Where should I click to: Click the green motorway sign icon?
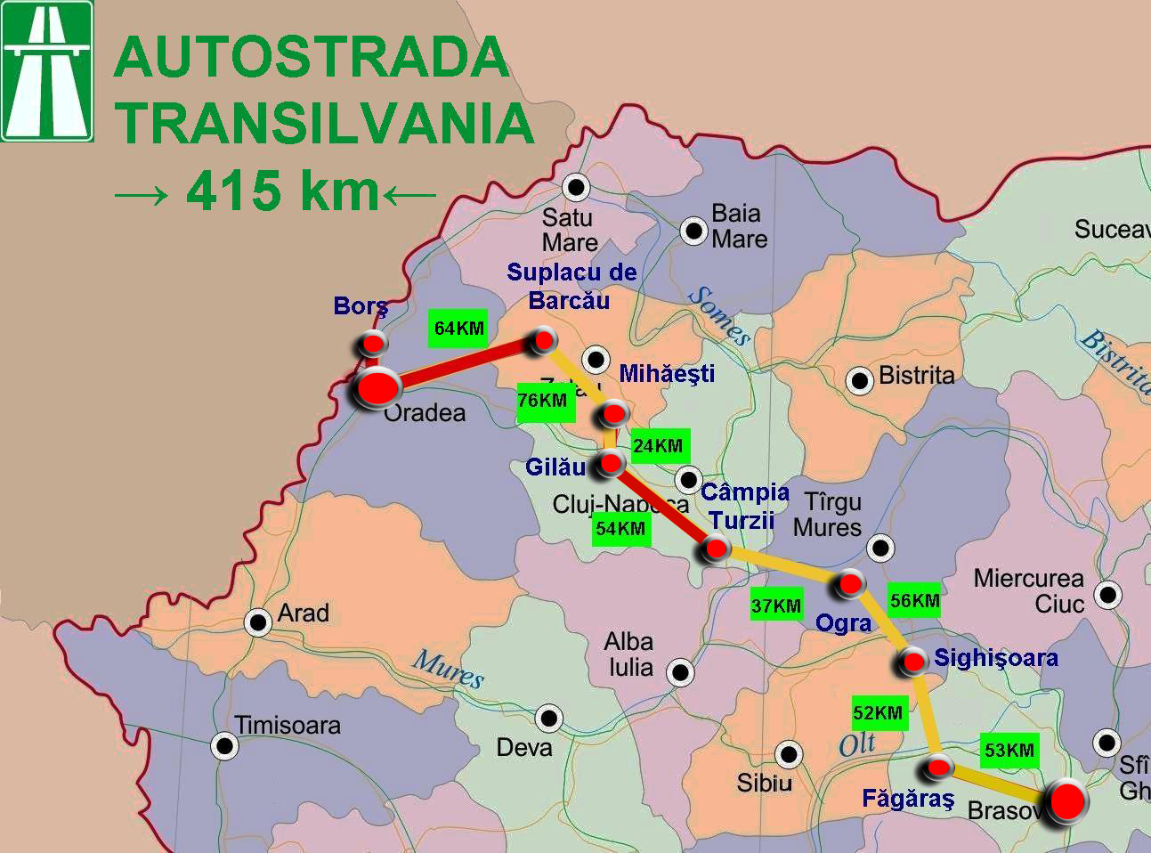[47, 71]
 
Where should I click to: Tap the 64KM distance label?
[458, 329]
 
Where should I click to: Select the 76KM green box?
[542, 402]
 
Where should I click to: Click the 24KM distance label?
[658, 446]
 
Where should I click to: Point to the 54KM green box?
[620, 529]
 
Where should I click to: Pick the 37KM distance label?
[776, 606]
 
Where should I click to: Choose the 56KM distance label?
[915, 601]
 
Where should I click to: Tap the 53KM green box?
[1009, 751]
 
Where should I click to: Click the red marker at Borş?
[373, 344]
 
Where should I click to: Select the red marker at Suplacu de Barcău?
[542, 340]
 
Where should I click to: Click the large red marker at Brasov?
[1066, 801]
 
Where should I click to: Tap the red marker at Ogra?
[849, 584]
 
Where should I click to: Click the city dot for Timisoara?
[225, 745]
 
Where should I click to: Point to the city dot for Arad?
[258, 621]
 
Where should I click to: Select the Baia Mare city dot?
[693, 232]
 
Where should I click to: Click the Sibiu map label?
[764, 784]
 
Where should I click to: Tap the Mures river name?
[449, 669]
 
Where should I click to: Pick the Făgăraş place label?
[908, 799]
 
